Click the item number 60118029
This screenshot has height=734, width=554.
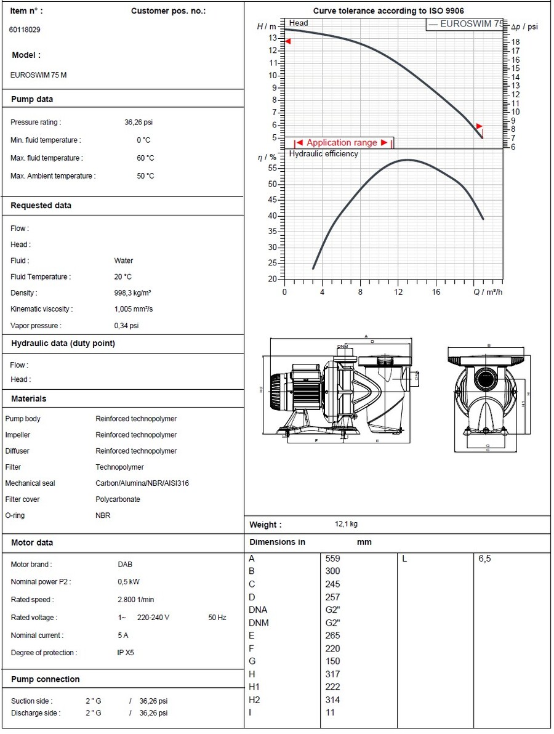pos(25,30)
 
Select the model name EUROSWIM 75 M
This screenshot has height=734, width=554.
pos(39,75)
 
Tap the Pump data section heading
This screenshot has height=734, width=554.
pos(32,99)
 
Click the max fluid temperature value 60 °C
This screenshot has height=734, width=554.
pos(145,158)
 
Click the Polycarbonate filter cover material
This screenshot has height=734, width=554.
pos(118,499)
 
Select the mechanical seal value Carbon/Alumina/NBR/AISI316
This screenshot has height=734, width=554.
pos(142,483)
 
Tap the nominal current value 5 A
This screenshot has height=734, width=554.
pos(123,635)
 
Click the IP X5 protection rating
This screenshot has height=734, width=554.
pos(126,653)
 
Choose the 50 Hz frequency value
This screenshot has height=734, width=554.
pos(217,618)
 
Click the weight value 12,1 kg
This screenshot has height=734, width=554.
pos(346,525)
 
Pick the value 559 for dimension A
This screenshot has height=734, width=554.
pos(332,559)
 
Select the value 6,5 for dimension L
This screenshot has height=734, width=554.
pos(484,559)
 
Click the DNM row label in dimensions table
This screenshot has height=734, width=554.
pos(259,623)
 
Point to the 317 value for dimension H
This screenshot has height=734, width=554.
pos(332,674)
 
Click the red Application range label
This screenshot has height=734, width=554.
pos(342,143)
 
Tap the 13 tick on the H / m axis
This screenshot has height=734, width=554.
pos(273,38)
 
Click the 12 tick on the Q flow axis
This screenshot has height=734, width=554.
pos(398,292)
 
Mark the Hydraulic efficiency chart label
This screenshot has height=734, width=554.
pos(323,154)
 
